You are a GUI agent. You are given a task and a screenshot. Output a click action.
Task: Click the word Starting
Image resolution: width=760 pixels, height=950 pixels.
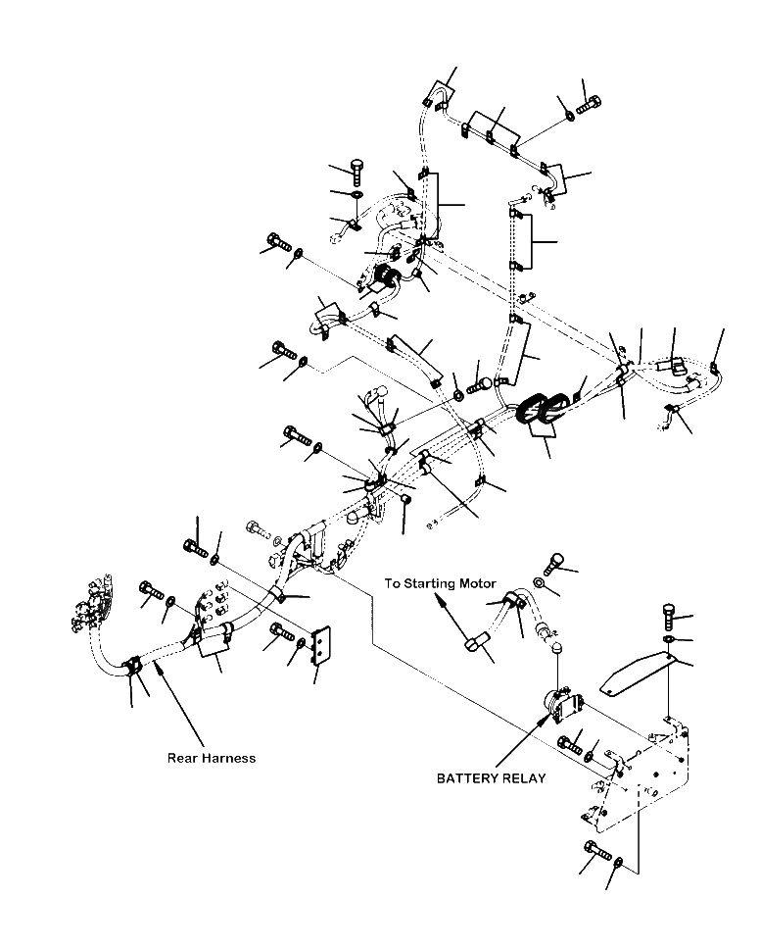point(429,583)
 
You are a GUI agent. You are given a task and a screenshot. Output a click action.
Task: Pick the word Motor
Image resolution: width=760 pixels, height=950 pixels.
point(477,583)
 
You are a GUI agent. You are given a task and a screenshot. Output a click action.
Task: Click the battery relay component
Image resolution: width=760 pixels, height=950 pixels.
point(561,706)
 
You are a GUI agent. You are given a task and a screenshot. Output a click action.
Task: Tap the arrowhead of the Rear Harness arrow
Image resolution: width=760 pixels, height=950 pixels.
point(158,667)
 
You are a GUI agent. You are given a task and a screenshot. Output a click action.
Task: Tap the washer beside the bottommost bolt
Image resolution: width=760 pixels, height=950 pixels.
point(617,863)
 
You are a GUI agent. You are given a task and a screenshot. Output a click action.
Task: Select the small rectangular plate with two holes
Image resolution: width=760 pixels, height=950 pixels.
point(320,646)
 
